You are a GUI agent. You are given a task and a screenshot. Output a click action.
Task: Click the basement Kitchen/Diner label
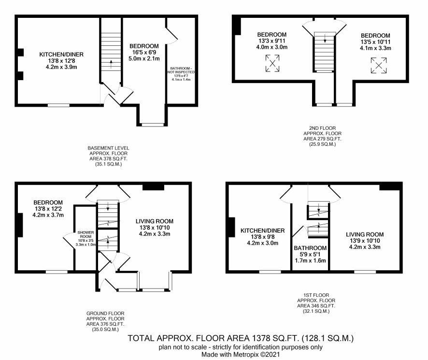coord(61,55)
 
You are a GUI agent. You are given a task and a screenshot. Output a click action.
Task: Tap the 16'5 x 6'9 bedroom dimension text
coord(144,53)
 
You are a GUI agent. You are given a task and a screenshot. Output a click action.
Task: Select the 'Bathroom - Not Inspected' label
coord(181,70)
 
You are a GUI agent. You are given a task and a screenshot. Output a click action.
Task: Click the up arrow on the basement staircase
coord(111,64)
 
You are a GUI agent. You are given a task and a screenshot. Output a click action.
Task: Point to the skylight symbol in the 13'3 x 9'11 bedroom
coord(272,63)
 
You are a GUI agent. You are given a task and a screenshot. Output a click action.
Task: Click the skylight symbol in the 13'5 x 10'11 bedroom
coord(379,66)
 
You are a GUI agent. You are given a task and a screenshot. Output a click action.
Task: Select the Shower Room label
coord(86,234)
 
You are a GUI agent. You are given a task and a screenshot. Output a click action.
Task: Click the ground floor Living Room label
coord(155,221)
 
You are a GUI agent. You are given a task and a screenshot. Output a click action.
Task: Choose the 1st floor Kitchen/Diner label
coord(263,231)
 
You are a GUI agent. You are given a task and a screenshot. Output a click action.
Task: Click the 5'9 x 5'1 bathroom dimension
coord(310,254)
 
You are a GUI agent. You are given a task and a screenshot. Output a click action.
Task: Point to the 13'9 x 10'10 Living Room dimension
coord(365,240)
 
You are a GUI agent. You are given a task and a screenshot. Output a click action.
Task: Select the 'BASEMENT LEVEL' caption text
coord(108,148)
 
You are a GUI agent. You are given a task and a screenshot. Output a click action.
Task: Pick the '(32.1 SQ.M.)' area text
coord(316,311)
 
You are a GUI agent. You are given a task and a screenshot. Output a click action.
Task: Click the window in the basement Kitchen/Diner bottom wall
coord(58,105)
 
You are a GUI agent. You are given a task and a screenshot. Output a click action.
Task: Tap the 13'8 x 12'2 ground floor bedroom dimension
coord(48,208)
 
